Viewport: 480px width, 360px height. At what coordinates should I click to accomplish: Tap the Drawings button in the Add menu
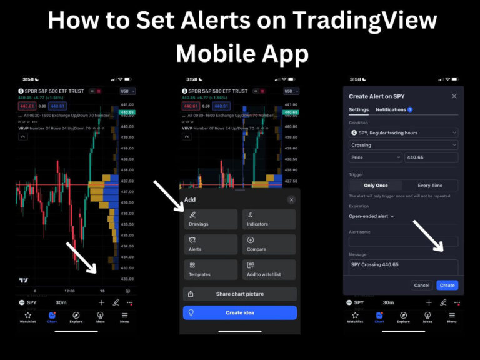point(210,219)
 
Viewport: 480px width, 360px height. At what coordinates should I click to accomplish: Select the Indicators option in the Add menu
point(269,219)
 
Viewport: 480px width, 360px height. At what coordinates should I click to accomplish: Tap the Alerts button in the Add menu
point(210,244)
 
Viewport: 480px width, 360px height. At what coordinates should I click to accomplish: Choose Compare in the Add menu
point(269,244)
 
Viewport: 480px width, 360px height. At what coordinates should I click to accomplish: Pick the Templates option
point(210,269)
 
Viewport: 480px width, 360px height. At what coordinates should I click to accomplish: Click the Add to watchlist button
point(269,269)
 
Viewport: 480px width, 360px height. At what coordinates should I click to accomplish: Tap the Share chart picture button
point(239,294)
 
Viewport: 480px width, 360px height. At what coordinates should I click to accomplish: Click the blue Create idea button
point(239,312)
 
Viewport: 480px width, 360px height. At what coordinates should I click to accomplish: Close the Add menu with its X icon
point(291,199)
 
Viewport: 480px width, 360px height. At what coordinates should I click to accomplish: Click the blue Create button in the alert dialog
point(447,285)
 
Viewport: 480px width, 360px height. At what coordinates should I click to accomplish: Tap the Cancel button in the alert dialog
point(422,285)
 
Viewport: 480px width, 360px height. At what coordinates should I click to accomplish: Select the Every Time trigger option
point(429,186)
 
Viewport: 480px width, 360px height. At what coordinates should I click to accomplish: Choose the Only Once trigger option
point(376,186)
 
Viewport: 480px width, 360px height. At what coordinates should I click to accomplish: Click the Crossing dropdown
point(403,145)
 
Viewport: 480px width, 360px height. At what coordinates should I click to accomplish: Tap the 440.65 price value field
point(431,157)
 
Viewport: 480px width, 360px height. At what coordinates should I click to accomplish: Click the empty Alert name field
point(403,241)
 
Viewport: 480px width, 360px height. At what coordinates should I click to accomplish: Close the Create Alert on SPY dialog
point(454,96)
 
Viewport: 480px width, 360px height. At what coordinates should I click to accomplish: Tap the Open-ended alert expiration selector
point(371,216)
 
